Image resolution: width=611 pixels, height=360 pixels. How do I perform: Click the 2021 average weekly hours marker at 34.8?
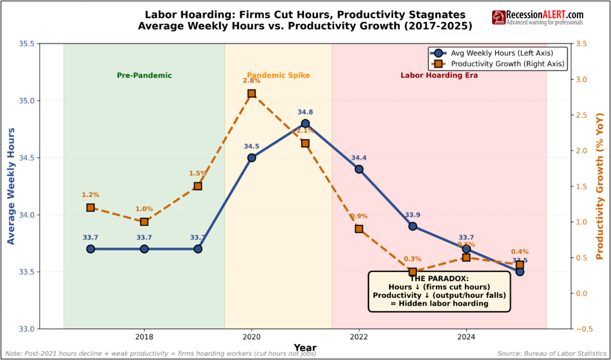click(305, 123)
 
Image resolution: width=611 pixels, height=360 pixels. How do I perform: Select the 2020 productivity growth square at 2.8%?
click(252, 94)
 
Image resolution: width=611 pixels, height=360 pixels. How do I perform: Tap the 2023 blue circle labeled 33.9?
click(413, 226)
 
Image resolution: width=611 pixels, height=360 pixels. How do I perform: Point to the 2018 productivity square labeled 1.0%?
click(144, 222)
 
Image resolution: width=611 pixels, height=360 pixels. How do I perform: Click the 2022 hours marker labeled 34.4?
click(359, 169)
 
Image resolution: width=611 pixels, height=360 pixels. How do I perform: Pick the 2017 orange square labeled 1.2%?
click(91, 207)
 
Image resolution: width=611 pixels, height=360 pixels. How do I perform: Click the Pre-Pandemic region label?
click(144, 76)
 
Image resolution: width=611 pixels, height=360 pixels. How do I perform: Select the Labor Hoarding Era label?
click(439, 76)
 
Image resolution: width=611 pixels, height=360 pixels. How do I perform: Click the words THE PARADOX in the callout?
click(439, 278)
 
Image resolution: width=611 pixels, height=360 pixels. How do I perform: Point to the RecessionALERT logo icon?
click(498, 17)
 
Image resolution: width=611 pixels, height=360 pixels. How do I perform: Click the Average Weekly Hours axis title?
click(11, 186)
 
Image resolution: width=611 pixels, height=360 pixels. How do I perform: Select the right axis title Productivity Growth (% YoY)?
click(599, 186)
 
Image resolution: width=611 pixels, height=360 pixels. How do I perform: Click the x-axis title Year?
click(305, 348)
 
